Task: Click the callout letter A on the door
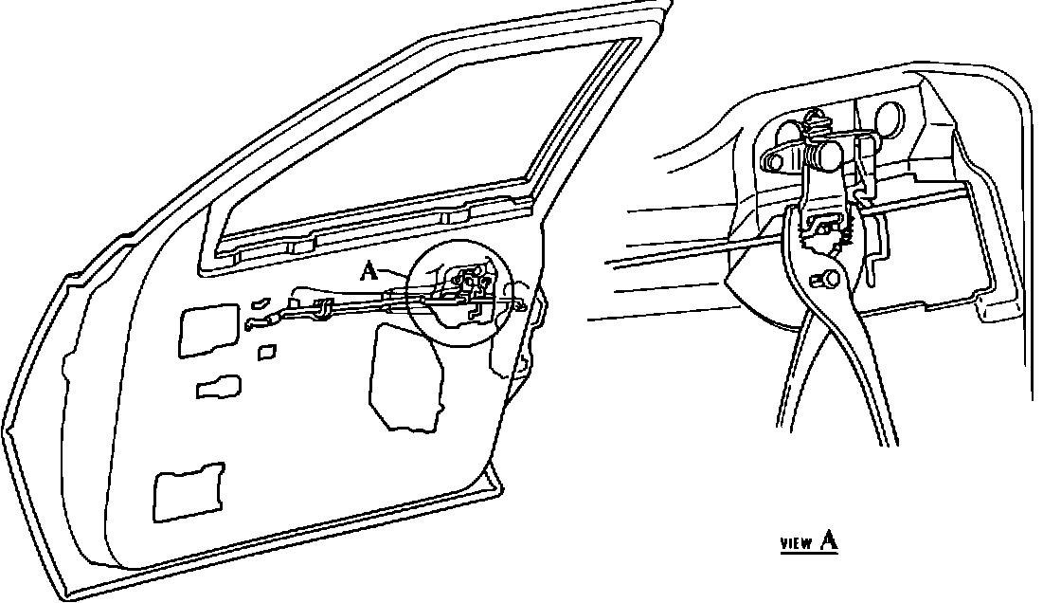pos(370,272)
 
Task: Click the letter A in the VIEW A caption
pos(828,540)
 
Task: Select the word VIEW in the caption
pos(796,544)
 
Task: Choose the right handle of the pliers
pos(876,379)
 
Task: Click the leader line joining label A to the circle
pos(396,273)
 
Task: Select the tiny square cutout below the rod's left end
pos(268,353)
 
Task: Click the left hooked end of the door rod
pos(256,322)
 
